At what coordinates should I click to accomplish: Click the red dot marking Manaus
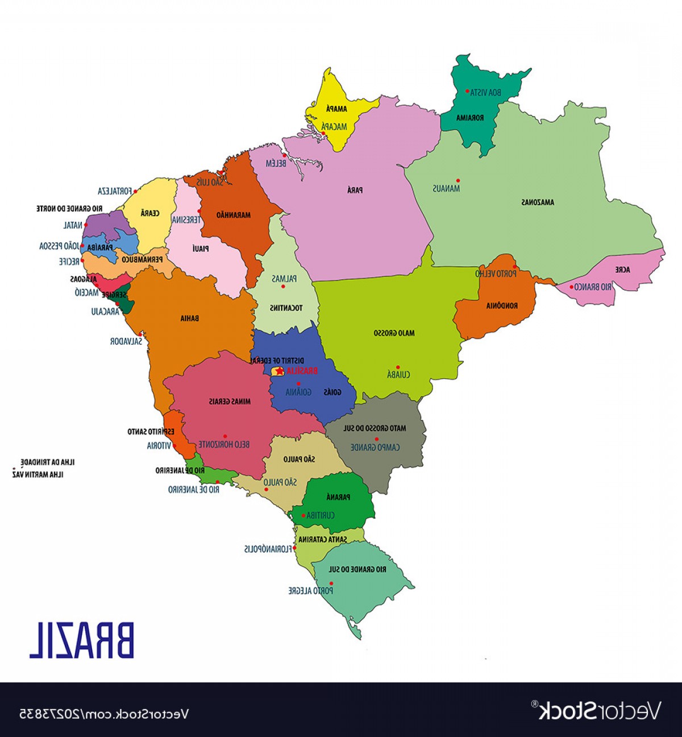[458, 181]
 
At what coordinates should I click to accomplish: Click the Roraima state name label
[470, 118]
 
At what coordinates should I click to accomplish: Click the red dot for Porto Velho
[514, 266]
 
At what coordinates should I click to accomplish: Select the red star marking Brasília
[279, 371]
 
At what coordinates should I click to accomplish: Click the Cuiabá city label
[398, 375]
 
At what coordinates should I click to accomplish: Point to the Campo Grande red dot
[376, 439]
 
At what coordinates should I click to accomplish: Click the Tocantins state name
[286, 308]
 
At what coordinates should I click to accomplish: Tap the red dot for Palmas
[283, 286]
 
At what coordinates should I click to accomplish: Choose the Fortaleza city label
[115, 191]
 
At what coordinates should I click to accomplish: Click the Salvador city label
[126, 342]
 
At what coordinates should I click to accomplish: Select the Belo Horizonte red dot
[224, 437]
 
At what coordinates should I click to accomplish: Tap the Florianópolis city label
[268, 549]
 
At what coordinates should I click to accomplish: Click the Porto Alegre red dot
[331, 583]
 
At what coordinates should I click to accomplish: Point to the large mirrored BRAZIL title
[82, 641]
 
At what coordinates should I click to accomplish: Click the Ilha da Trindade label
[48, 462]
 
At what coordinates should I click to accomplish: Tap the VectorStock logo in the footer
[600, 711]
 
